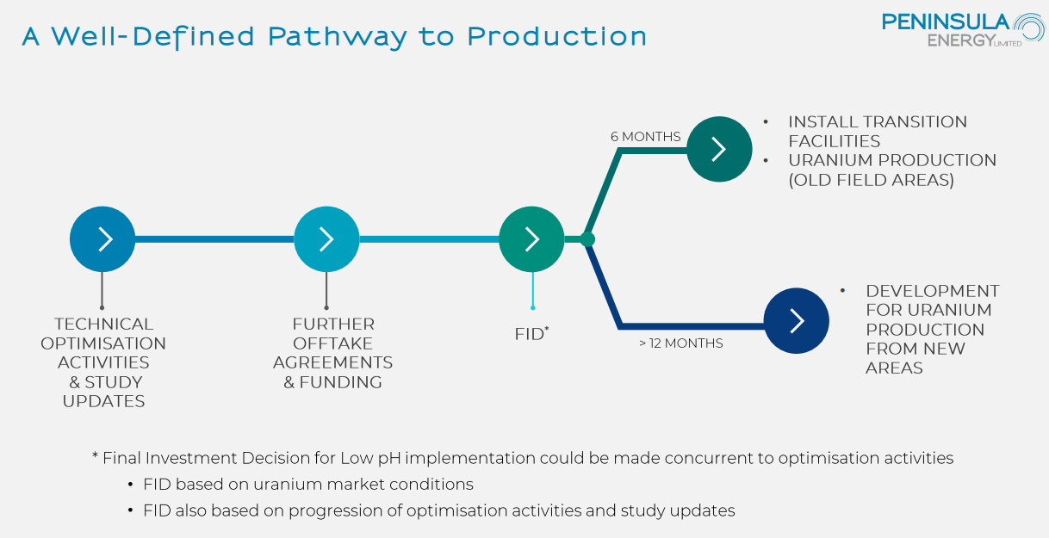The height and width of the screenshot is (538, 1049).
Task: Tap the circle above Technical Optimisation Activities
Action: point(102,238)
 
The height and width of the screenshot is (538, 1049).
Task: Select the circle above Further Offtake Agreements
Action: point(326,238)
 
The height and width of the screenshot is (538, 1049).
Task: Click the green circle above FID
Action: point(531,238)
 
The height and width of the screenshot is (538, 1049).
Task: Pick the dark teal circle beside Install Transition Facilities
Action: point(719,149)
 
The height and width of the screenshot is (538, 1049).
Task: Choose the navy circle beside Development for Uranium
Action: point(796,320)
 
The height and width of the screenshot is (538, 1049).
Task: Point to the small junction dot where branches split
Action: point(587,238)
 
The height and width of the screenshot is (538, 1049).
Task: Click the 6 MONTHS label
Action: point(645,137)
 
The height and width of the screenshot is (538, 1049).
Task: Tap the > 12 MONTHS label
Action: point(680,343)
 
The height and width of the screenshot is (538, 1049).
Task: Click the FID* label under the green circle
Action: point(531,334)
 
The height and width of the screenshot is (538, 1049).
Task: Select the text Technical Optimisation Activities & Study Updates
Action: point(104,362)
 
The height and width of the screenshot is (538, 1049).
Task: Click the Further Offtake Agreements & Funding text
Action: point(333,353)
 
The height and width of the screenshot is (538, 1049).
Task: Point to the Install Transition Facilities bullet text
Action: point(877,131)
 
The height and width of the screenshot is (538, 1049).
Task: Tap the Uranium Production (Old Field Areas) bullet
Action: point(891,170)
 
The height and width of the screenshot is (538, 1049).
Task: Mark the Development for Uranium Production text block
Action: point(932,329)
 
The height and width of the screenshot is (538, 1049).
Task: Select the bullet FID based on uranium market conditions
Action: point(307,484)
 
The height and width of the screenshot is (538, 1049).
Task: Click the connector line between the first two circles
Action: point(214,238)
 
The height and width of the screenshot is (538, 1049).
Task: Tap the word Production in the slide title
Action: point(556,37)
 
